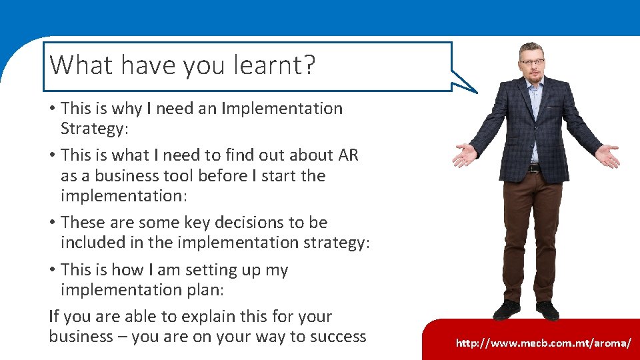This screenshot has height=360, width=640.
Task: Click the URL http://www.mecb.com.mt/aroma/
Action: [543, 343]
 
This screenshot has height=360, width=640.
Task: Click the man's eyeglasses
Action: [532, 62]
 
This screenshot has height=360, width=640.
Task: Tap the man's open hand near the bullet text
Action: [465, 155]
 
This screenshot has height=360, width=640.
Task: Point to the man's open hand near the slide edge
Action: [607, 157]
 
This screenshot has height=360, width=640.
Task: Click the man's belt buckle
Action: [533, 168]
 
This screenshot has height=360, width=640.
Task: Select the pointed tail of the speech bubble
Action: [470, 86]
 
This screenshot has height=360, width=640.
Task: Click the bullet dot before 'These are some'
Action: [53, 223]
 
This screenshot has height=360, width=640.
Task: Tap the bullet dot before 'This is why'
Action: [53, 109]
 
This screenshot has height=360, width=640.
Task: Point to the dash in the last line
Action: [123, 337]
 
